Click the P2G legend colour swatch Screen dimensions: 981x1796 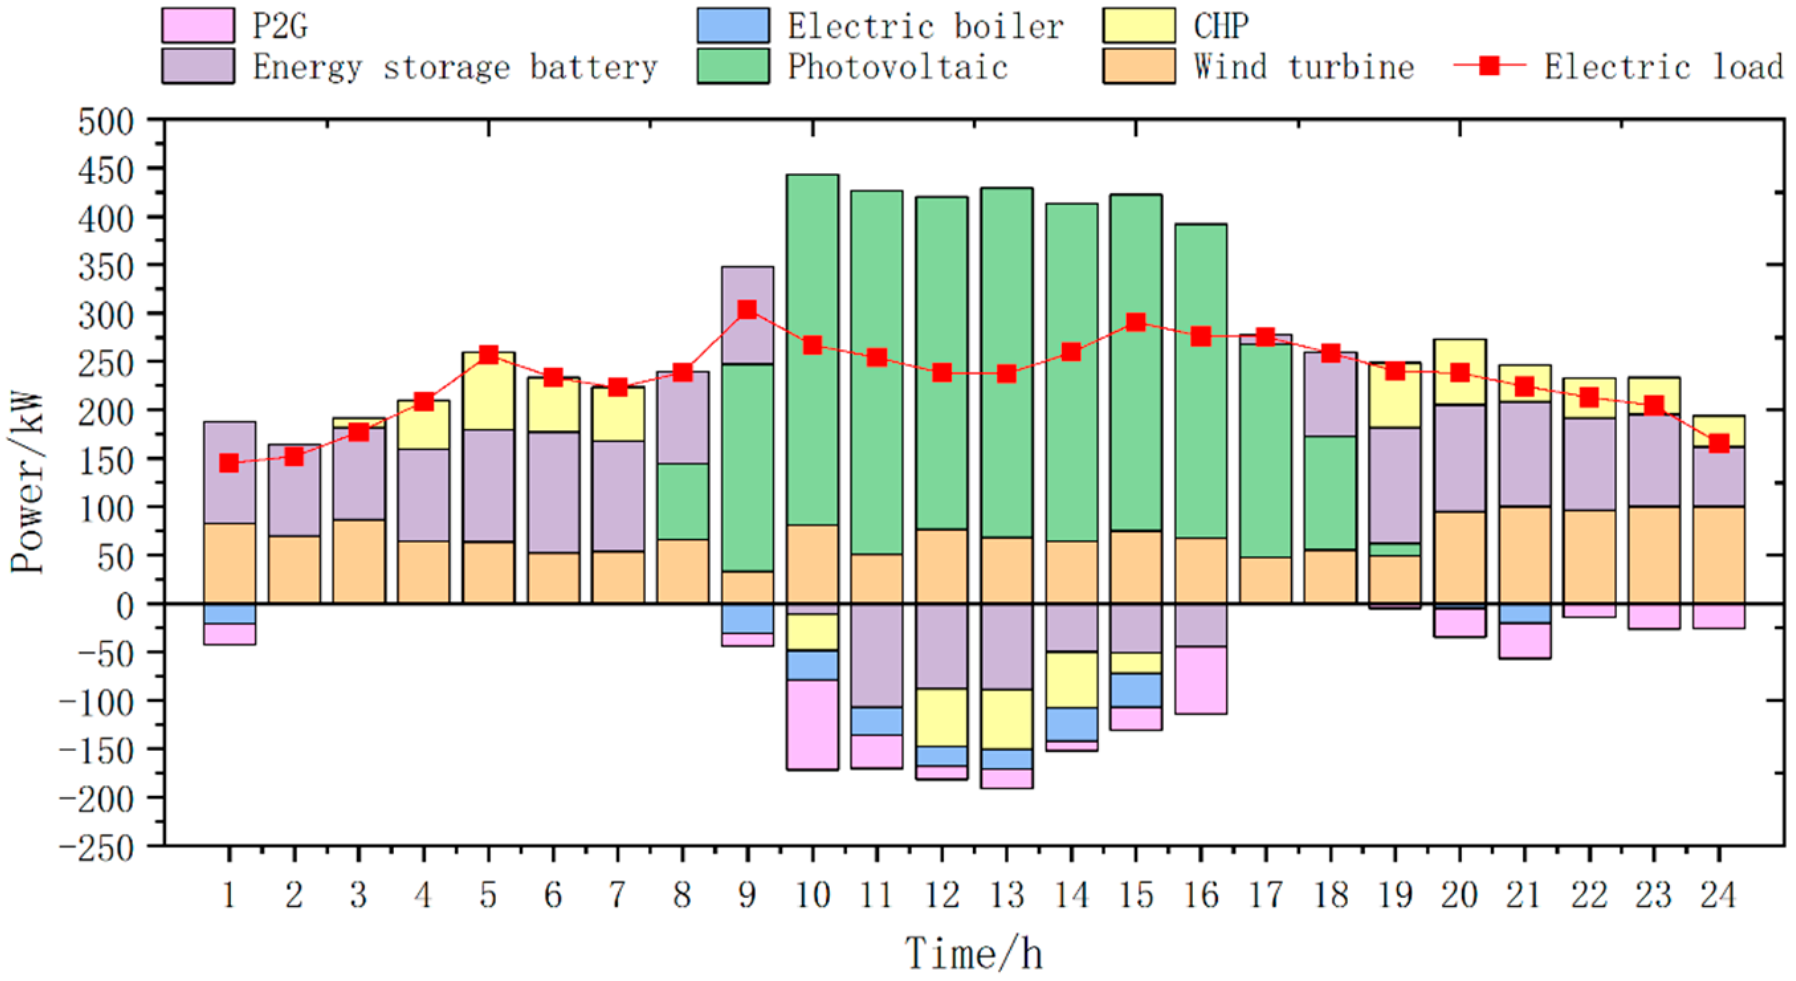pyautogui.click(x=198, y=26)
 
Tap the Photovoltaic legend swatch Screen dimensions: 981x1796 pyautogui.click(x=733, y=66)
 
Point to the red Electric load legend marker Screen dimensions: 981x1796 pyautogui.click(x=1489, y=66)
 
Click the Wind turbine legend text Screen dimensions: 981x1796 pyautogui.click(x=1303, y=67)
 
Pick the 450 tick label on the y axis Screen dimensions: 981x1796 pyautogui.click(x=106, y=170)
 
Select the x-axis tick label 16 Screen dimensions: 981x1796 pyautogui.click(x=1200, y=894)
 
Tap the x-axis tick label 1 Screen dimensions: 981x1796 pyautogui.click(x=229, y=894)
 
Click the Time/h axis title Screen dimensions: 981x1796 pyautogui.click(x=973, y=953)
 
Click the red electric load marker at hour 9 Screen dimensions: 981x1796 pyautogui.click(x=747, y=309)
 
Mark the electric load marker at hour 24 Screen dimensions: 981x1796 pyautogui.click(x=1718, y=443)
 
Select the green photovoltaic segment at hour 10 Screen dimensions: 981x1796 pyautogui.click(x=812, y=348)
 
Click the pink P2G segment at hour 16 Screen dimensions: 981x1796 pyautogui.click(x=1200, y=680)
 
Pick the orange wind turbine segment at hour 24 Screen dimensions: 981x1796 pyautogui.click(x=1718, y=554)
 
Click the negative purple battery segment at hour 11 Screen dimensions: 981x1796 pyautogui.click(x=876, y=655)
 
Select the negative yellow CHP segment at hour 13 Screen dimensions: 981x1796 pyautogui.click(x=1006, y=719)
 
